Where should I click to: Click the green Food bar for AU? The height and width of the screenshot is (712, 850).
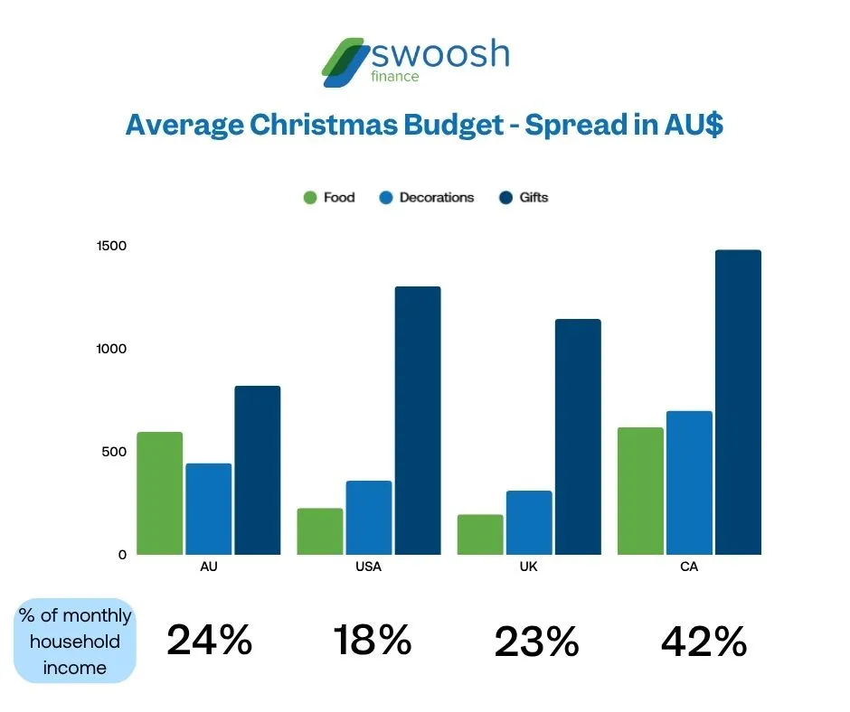[x=160, y=493]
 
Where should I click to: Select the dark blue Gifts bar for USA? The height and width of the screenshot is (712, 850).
[x=417, y=420]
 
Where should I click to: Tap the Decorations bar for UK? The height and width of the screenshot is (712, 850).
[x=529, y=522]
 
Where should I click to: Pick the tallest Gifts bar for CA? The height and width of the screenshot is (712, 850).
[x=738, y=402]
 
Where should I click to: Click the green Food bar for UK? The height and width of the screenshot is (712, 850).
[x=480, y=534]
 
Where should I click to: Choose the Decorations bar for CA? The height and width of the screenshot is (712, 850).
[x=689, y=482]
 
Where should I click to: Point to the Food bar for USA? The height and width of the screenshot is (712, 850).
[x=320, y=531]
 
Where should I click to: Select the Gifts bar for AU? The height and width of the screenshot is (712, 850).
[x=258, y=470]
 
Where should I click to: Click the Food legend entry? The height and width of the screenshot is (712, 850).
[x=329, y=197]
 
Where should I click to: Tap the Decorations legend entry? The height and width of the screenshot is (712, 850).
[x=426, y=197]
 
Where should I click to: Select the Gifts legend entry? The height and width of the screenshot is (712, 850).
[x=524, y=197]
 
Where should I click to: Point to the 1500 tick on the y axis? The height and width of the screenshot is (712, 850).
[x=112, y=246]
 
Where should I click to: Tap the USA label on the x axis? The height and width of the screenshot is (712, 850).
[x=369, y=567]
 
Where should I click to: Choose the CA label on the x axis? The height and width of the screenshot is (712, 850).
[x=691, y=567]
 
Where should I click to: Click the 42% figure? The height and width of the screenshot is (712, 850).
[x=704, y=642]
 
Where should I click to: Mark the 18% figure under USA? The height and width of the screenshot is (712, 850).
[x=372, y=641]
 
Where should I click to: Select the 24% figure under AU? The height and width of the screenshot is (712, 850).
[x=209, y=641]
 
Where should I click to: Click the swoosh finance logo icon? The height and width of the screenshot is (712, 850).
[x=345, y=61]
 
